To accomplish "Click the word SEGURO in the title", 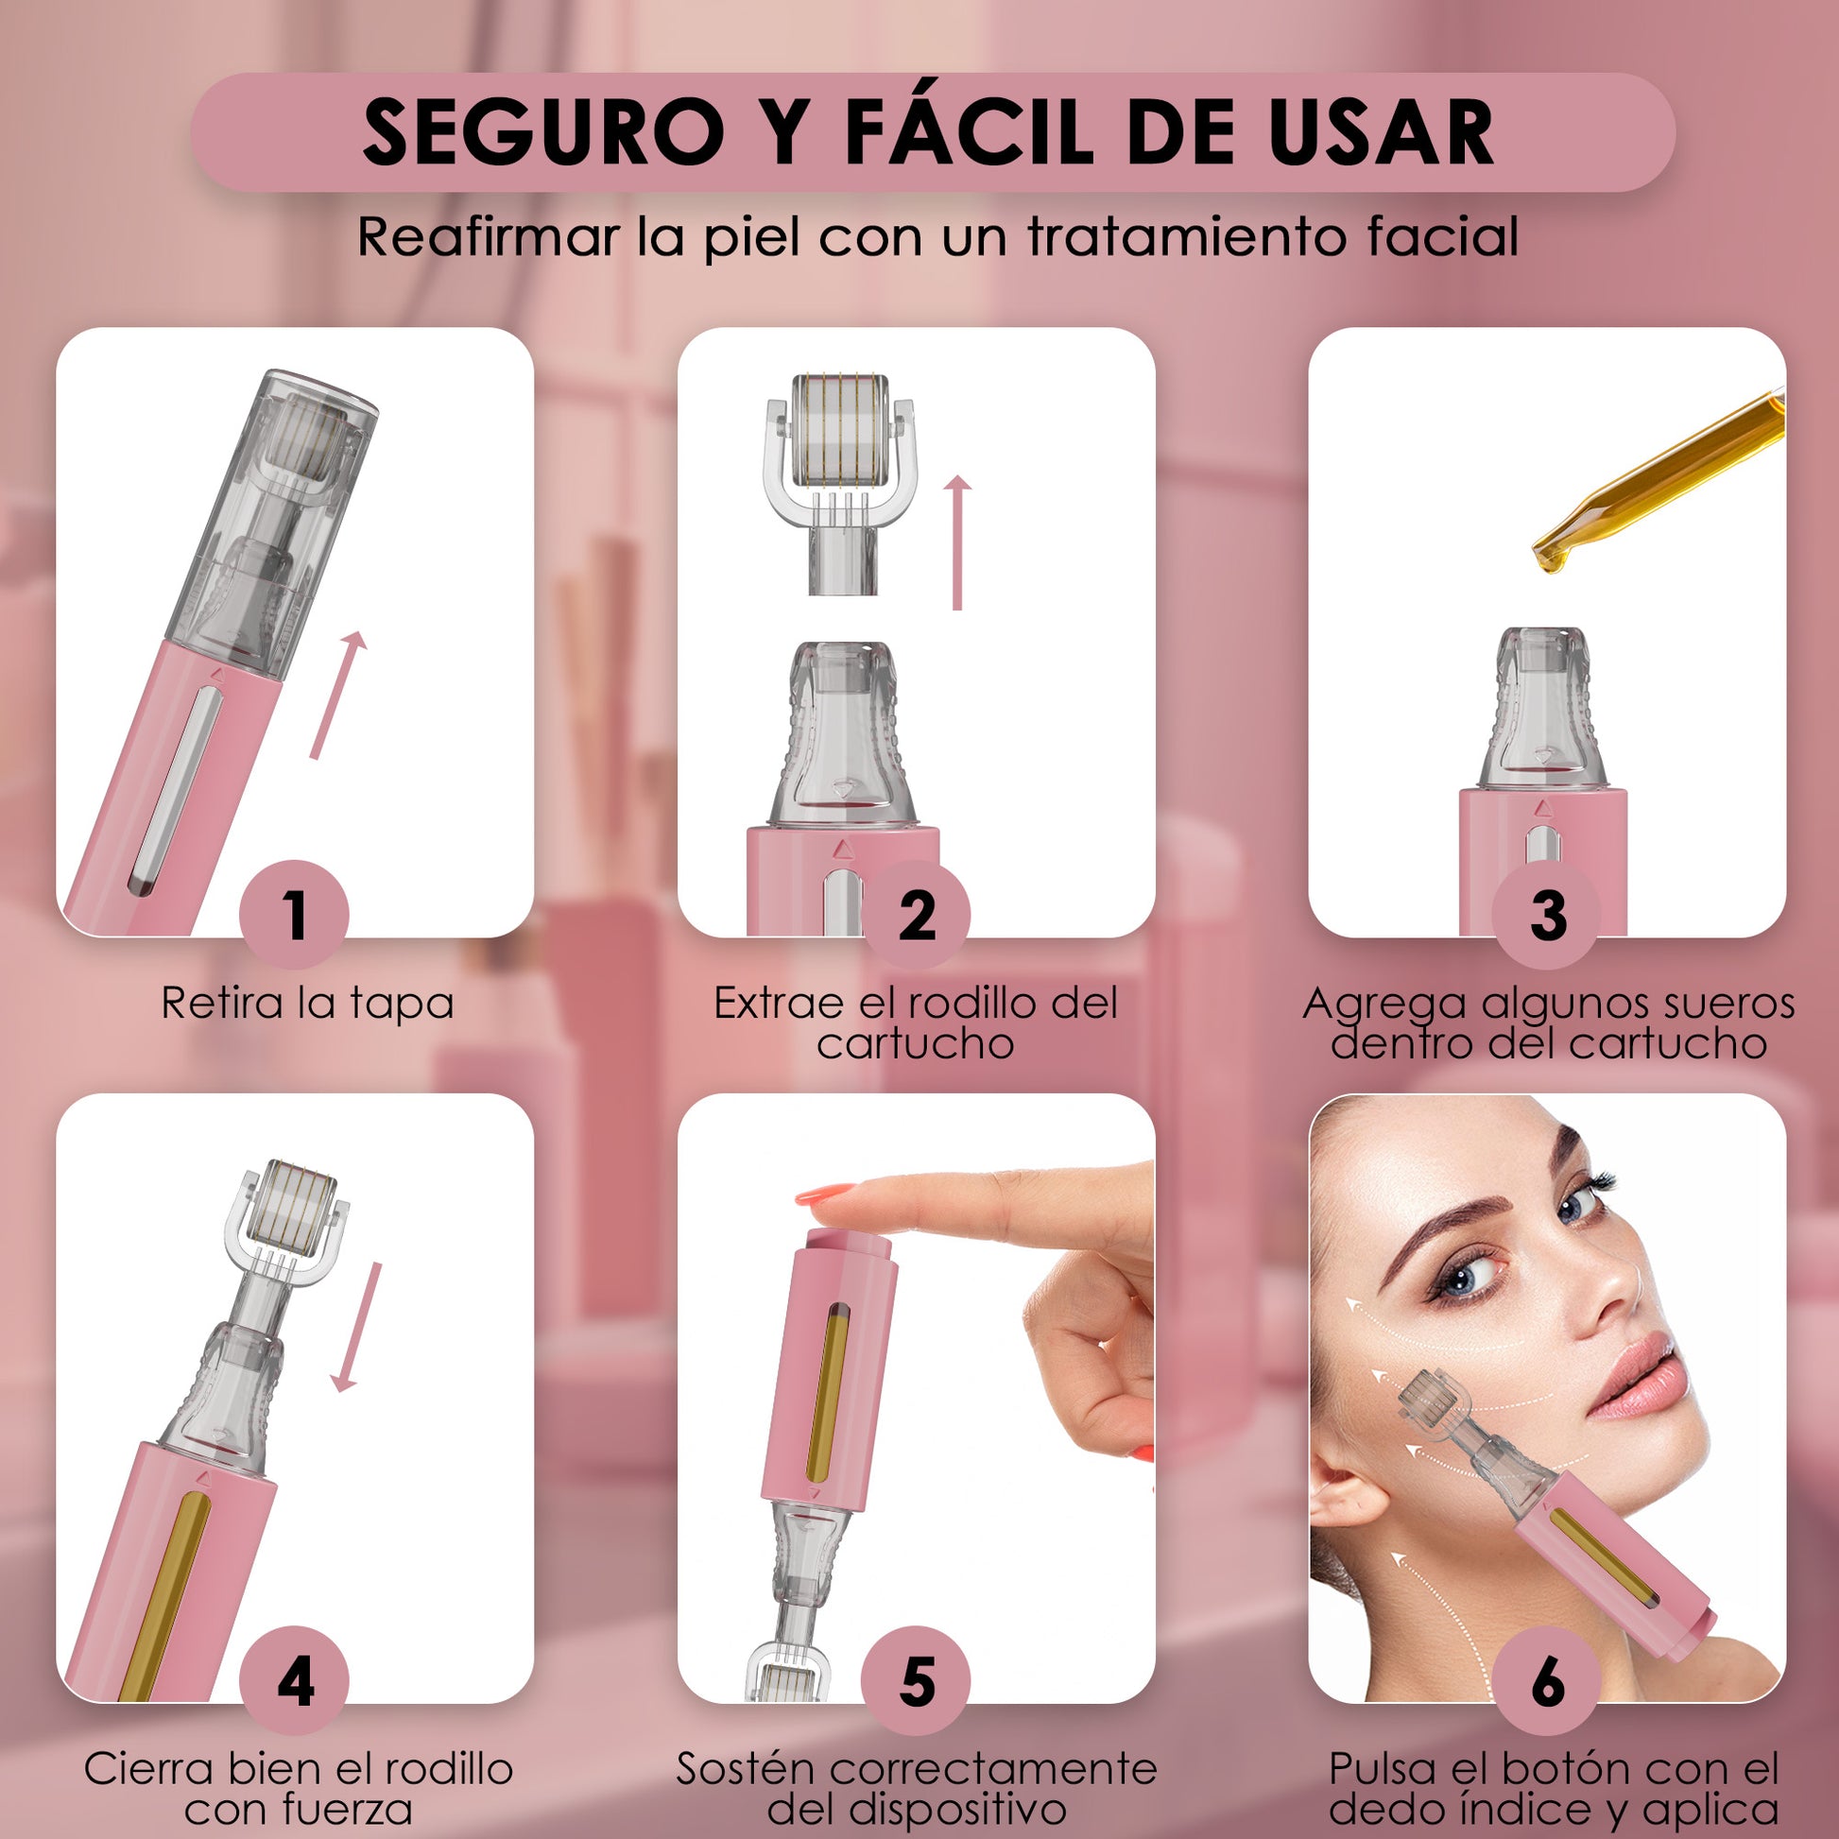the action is [542, 131].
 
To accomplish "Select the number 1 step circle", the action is [294, 914].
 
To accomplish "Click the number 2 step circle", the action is [916, 914].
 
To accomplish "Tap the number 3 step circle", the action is [1547, 914].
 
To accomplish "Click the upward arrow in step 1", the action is [338, 695].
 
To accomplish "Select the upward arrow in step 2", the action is [957, 542].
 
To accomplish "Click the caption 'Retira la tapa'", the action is [307, 1005].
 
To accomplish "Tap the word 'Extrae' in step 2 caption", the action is [779, 1004].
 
